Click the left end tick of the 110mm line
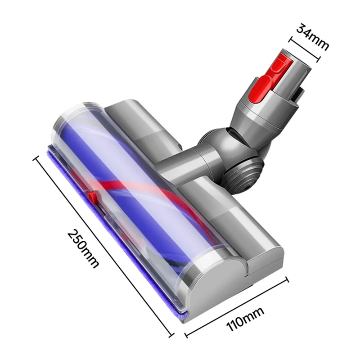(x=186, y=335)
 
